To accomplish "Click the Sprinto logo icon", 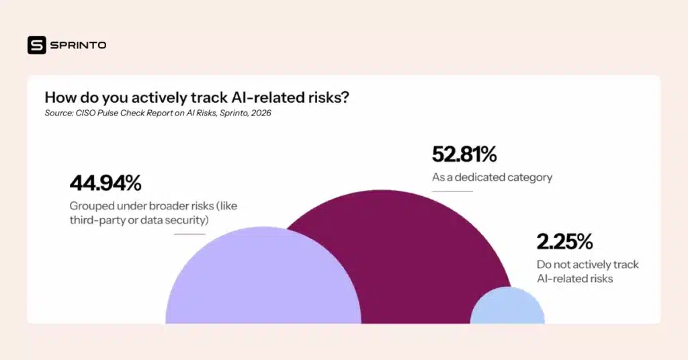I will coord(36,45).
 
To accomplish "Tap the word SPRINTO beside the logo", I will coord(78,45).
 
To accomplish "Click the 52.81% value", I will coord(464,154).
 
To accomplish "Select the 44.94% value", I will coord(105,183).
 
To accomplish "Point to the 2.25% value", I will coord(564,242).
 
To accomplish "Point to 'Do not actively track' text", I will coord(587,265).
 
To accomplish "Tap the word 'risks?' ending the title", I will coord(329,97).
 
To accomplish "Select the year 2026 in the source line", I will coord(259,113).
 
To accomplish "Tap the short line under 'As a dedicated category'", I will coord(451,191).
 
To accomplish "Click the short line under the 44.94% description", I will coord(189,234).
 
